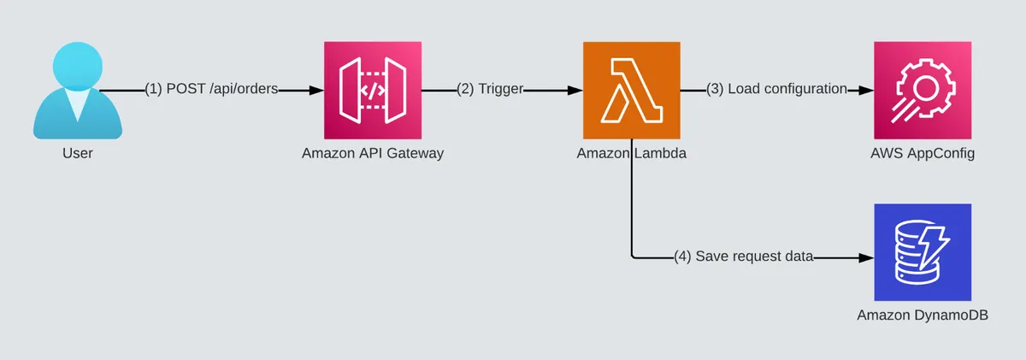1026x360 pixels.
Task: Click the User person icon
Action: click(x=77, y=92)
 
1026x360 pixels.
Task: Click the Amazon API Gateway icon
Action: click(x=373, y=90)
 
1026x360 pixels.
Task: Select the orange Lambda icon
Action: click(x=631, y=90)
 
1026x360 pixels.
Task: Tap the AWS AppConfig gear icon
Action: click(x=923, y=90)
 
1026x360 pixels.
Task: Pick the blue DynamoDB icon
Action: click(x=923, y=251)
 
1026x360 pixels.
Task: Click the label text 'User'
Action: click(x=77, y=154)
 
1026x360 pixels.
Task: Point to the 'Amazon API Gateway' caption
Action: click(x=373, y=154)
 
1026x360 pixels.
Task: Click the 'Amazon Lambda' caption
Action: click(x=631, y=154)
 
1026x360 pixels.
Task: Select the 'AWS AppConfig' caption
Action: click(x=923, y=154)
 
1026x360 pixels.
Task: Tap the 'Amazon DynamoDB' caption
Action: click(x=923, y=316)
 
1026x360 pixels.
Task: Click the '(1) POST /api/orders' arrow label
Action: click(x=211, y=89)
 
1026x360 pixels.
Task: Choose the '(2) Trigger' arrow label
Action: click(x=489, y=89)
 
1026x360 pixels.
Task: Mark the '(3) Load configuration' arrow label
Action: click(x=776, y=89)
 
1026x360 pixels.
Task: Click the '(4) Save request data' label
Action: click(x=743, y=256)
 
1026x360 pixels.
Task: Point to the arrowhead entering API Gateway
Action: click(x=318, y=90)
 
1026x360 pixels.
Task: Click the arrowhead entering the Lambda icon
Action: click(x=576, y=90)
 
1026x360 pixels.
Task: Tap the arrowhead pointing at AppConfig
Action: click(x=867, y=90)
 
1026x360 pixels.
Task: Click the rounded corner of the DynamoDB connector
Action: click(x=634, y=254)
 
